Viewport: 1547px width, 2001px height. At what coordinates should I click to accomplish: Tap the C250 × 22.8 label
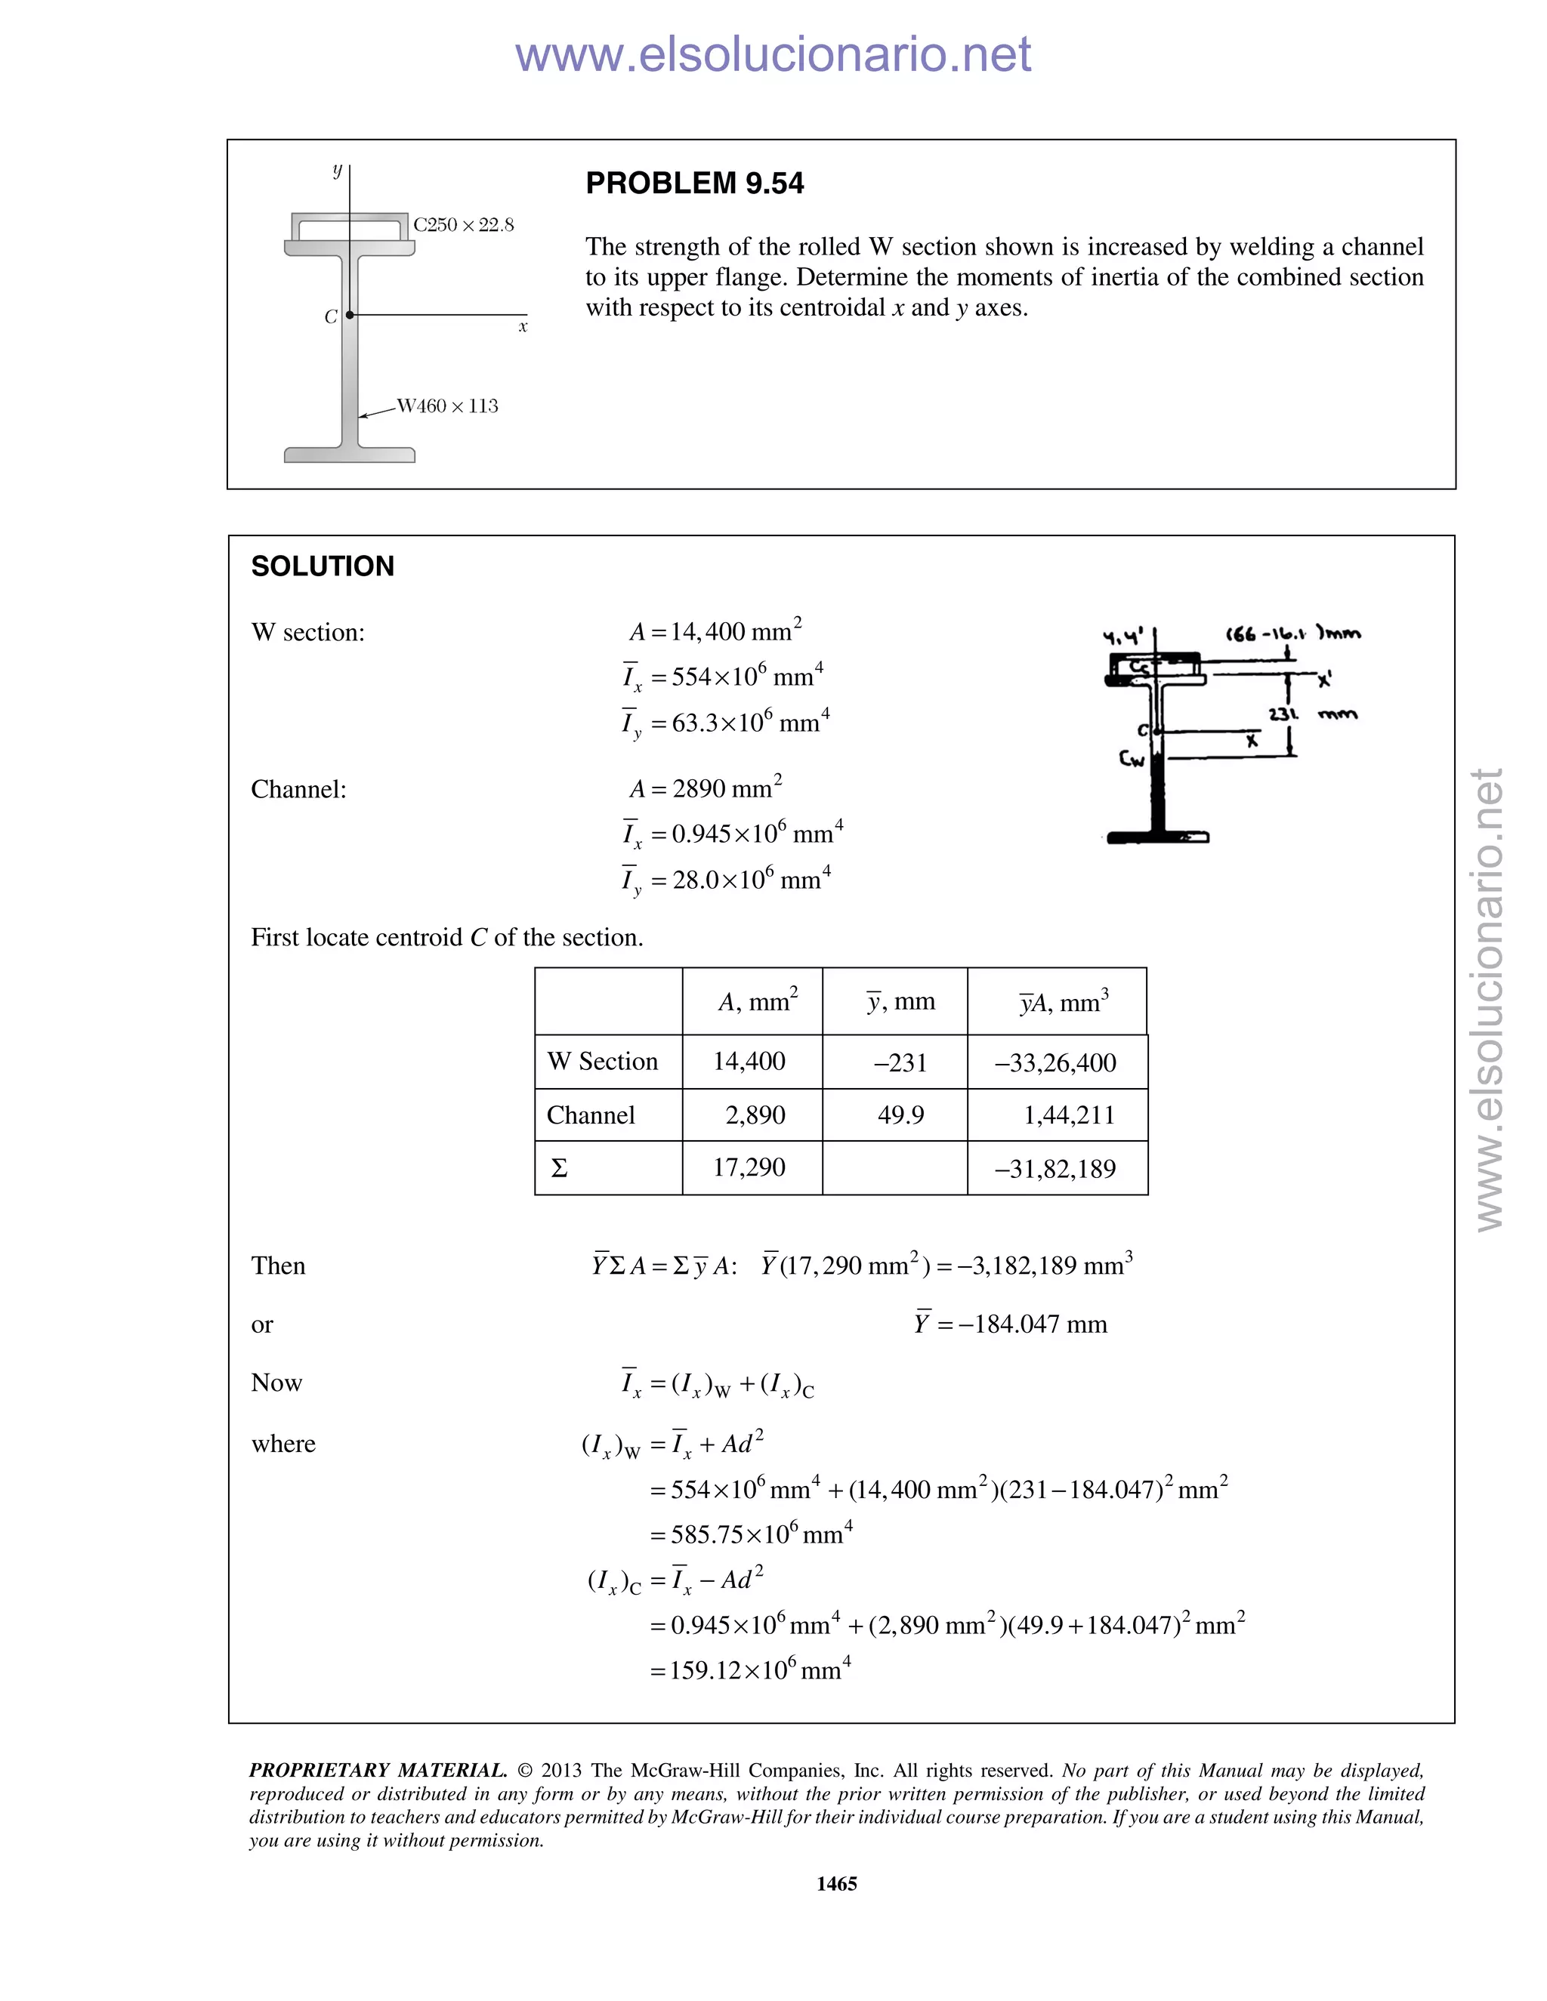463,224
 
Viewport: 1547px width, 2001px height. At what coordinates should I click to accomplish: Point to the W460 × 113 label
447,406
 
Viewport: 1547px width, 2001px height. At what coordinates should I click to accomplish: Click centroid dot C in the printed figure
349,315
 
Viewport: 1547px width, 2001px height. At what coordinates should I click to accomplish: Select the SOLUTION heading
323,566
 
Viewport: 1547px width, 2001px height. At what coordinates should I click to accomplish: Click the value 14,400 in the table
749,1061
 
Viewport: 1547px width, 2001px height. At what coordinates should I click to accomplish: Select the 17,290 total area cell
749,1167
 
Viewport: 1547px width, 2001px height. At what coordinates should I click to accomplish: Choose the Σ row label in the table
559,1168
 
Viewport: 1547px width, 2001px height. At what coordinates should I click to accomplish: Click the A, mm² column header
757,1001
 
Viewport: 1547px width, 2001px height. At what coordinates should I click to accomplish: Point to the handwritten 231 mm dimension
1311,714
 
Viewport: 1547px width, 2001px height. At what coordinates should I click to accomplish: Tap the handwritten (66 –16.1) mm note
1292,633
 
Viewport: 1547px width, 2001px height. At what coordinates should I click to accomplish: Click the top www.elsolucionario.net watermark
773,54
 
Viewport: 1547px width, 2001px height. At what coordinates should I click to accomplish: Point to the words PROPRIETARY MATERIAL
378,1770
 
